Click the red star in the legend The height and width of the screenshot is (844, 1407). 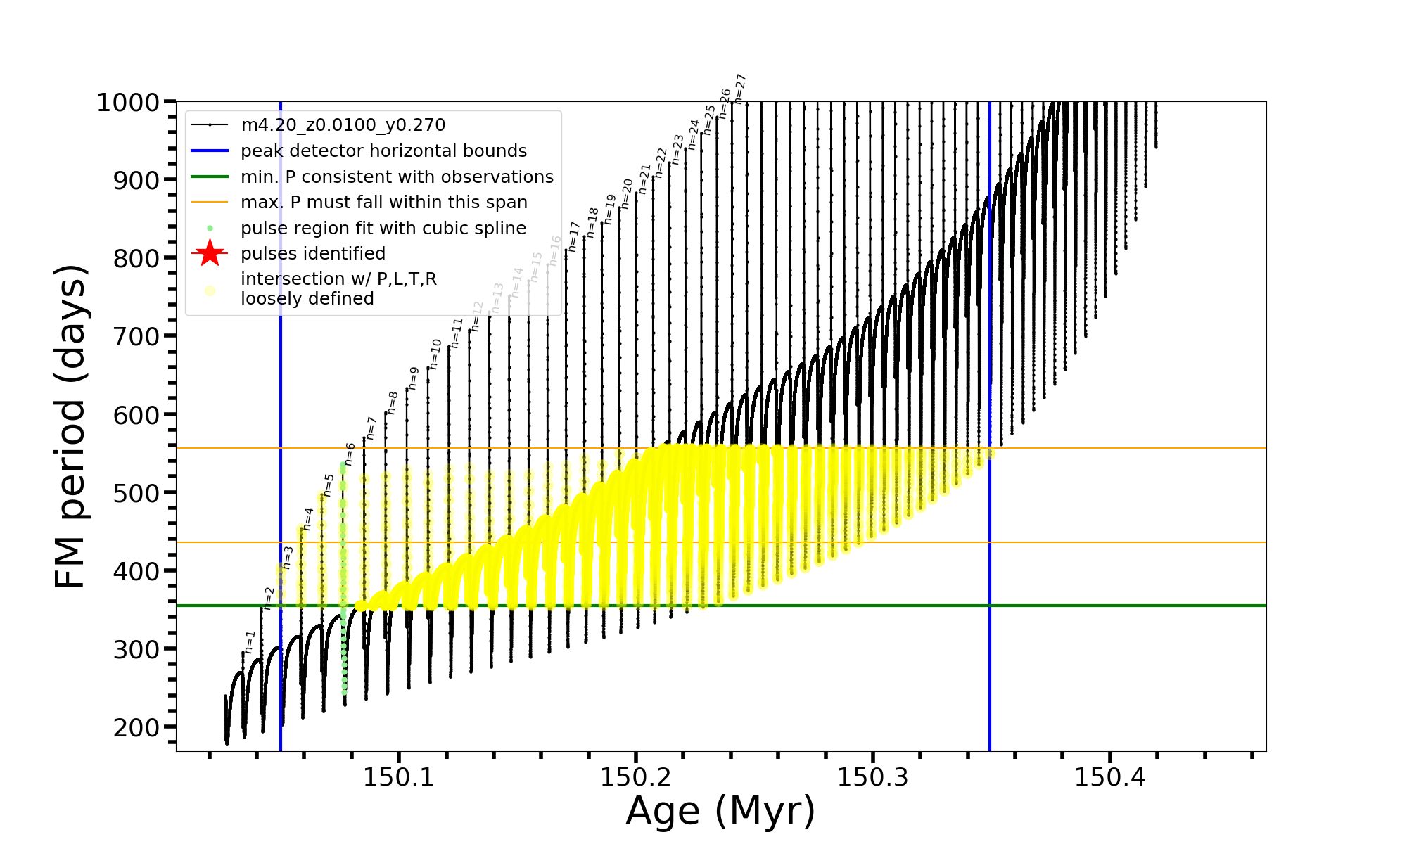click(x=210, y=253)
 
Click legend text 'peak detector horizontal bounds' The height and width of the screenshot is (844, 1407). click(x=383, y=151)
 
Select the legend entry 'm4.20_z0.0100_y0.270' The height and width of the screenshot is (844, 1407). click(x=343, y=125)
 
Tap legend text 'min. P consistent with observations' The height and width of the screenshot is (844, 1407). click(x=397, y=177)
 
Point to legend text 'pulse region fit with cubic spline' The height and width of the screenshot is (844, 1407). click(x=383, y=229)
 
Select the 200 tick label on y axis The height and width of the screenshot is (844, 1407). click(x=136, y=727)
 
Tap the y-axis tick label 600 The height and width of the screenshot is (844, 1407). click(x=136, y=415)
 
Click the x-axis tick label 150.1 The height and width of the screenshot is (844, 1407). click(x=399, y=778)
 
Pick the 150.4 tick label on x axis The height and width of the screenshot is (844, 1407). click(x=1109, y=778)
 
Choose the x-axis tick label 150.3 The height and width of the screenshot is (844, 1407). click(x=872, y=778)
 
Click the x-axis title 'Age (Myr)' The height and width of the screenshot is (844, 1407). click(x=720, y=811)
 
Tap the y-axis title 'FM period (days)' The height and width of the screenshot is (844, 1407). click(x=71, y=426)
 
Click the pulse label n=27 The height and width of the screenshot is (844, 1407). click(x=739, y=89)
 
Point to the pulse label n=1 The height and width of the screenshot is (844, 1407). click(x=250, y=642)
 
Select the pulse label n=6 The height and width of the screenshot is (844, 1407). click(x=350, y=454)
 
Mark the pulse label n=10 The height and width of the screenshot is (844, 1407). click(x=435, y=354)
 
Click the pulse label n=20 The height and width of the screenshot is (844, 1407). click(x=627, y=193)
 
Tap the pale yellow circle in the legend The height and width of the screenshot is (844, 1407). click(x=210, y=290)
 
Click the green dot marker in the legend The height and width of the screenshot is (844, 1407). click(x=210, y=229)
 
